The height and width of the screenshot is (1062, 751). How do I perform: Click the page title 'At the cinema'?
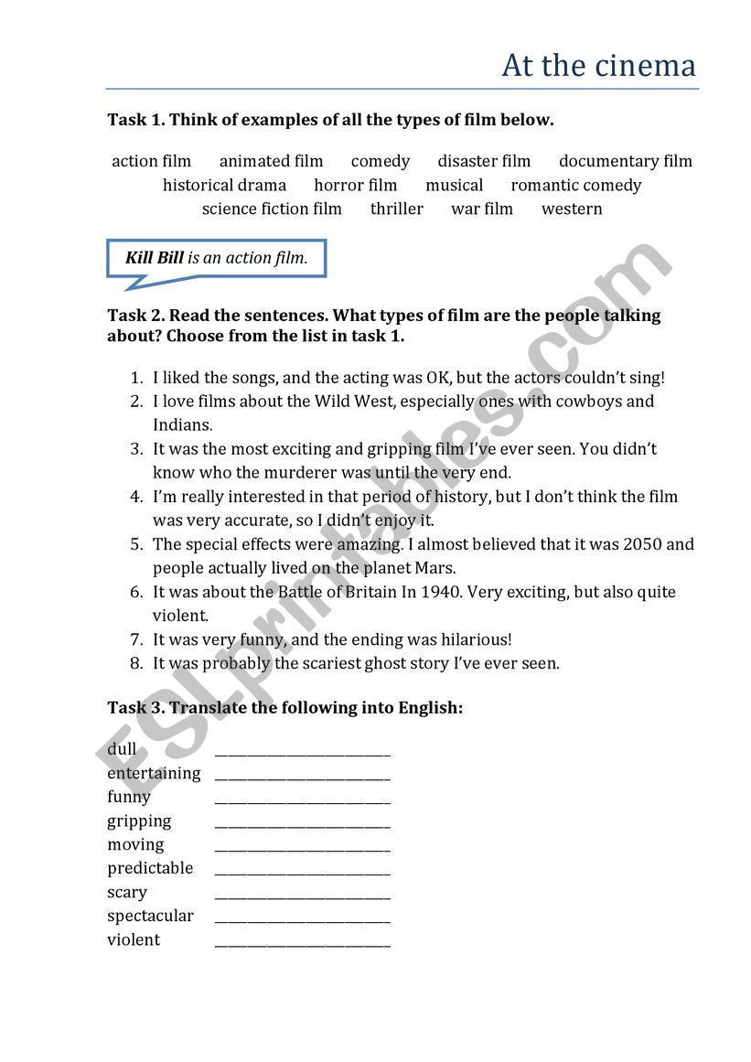pos(598,66)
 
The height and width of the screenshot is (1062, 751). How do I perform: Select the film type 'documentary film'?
pos(626,162)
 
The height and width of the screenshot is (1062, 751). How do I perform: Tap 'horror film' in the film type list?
pos(356,186)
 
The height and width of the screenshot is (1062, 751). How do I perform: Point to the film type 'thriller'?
pos(397,209)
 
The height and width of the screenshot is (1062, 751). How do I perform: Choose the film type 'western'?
pos(572,209)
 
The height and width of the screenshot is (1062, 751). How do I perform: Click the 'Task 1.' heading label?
pos(136,120)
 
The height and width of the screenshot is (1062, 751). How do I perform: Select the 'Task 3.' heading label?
pos(136,707)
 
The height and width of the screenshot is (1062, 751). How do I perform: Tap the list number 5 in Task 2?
pos(136,544)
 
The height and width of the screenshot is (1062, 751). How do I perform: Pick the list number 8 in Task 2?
pos(136,663)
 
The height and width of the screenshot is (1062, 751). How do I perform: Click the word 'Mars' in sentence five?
pos(435,568)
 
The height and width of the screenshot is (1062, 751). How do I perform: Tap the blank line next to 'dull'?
pos(302,752)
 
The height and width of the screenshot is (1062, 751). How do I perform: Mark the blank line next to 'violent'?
pos(302,942)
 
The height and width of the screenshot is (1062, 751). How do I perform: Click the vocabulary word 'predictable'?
pos(150,868)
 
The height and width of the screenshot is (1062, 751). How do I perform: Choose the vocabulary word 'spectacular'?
pos(150,916)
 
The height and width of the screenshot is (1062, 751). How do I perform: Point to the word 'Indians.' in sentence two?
pos(182,425)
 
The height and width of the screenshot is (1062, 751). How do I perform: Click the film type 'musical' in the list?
pos(454,186)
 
